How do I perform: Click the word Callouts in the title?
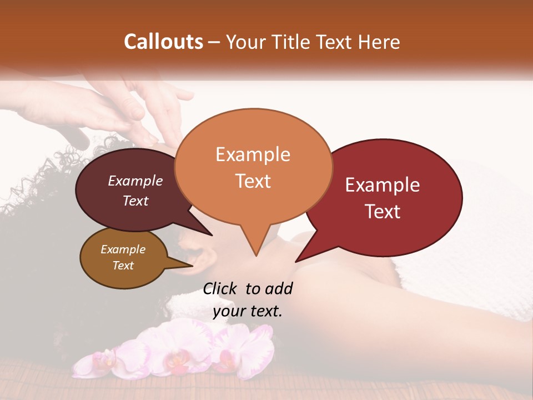[x=163, y=42]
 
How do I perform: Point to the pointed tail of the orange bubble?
[x=255, y=250]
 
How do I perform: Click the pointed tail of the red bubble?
[x=303, y=257]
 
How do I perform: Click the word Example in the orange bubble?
[x=253, y=154]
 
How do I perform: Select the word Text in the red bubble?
[x=383, y=212]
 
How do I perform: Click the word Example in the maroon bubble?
[x=135, y=181]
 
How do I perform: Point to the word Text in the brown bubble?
[x=123, y=266]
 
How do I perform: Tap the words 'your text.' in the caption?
[x=248, y=311]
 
